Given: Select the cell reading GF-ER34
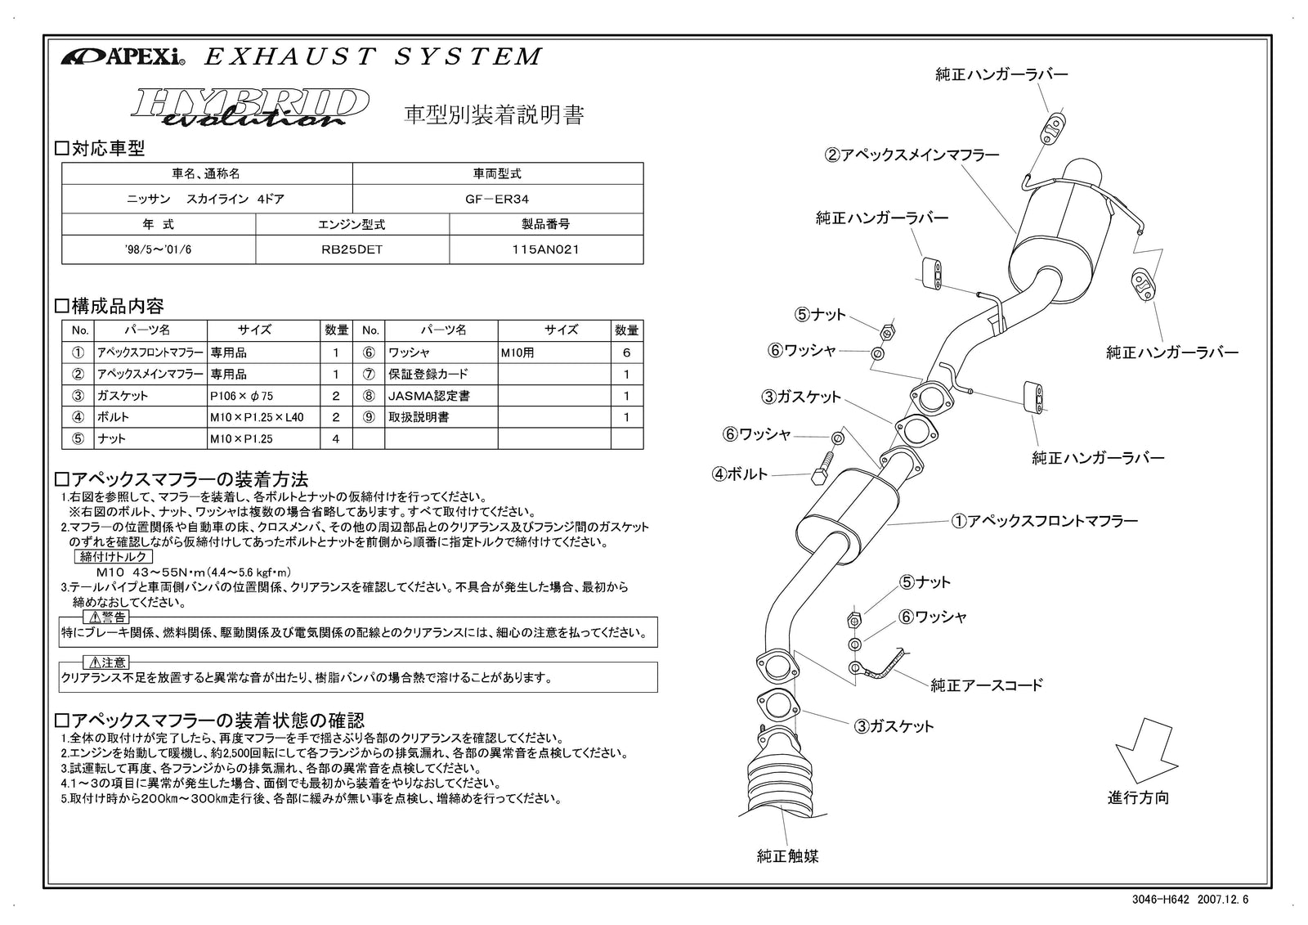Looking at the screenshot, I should point(497,199).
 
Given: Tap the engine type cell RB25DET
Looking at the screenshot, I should point(352,249).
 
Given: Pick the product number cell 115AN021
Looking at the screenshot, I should point(545,249).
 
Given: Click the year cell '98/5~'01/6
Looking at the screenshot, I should point(159,249).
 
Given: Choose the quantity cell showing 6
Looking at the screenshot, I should point(626,352).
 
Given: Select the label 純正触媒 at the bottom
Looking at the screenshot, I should point(787,856).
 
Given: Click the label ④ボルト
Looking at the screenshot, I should point(740,474).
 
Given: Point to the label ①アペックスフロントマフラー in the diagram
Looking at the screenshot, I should point(1044,520).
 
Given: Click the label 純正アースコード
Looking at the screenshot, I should point(987,685).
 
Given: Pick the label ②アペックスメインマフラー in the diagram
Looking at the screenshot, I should point(911,154).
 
